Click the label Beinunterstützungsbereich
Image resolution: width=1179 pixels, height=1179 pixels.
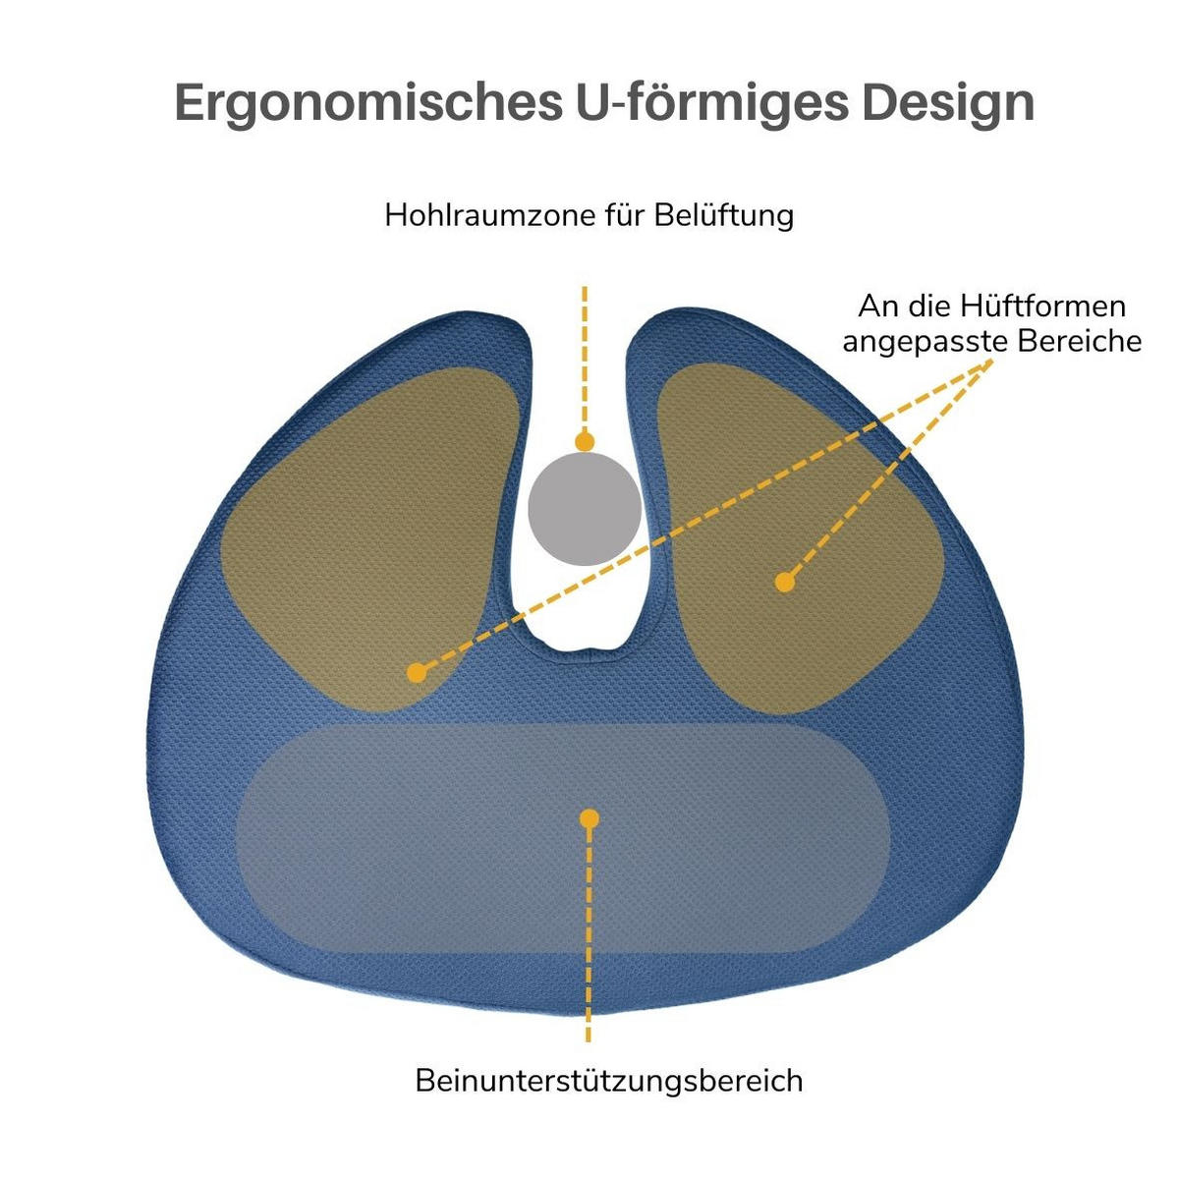pos(609,1081)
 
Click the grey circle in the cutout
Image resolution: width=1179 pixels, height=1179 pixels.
pos(585,509)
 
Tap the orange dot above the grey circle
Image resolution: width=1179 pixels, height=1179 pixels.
pos(585,441)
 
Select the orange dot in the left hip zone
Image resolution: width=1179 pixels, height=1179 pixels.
pos(417,673)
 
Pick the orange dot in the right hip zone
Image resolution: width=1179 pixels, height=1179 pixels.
pos(784,583)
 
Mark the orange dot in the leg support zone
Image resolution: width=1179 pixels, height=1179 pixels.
pos(589,818)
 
